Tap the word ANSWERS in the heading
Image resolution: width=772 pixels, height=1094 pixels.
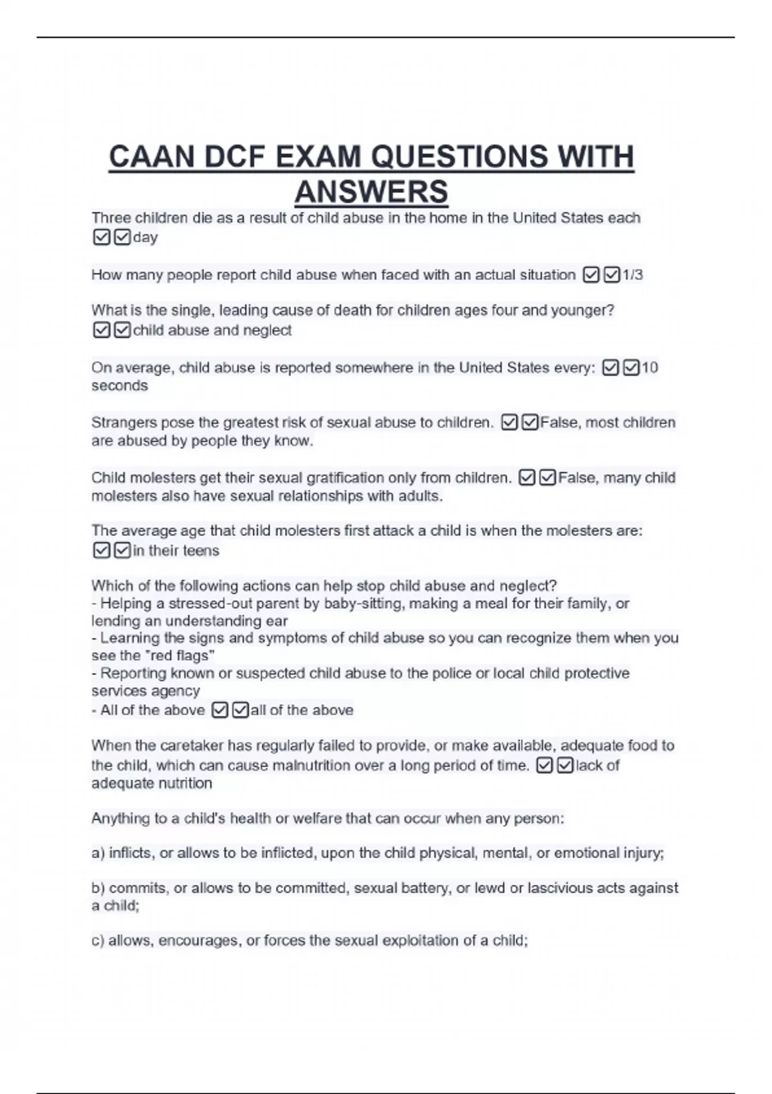(371, 192)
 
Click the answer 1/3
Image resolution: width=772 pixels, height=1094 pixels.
(632, 275)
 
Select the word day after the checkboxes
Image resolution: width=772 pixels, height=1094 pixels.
(145, 237)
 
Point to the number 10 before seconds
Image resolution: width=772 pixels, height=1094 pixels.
(650, 367)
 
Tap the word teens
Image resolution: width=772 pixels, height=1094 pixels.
(201, 551)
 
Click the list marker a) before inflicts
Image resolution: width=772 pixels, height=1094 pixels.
(98, 853)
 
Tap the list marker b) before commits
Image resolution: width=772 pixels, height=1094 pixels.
(98, 888)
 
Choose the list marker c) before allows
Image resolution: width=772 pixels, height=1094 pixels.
(98, 941)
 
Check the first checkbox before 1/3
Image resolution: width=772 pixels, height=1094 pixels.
(591, 275)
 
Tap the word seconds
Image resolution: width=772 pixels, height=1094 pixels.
(120, 385)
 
